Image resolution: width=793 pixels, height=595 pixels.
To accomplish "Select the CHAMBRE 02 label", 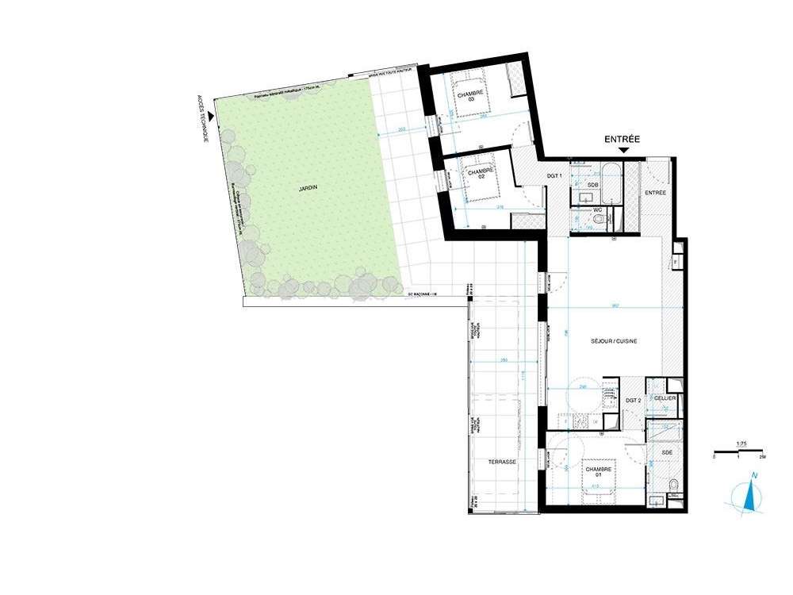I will tap(481, 173).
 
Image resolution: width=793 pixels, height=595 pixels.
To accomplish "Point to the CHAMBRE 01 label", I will tap(600, 472).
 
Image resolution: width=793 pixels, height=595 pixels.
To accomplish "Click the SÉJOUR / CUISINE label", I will tap(615, 341).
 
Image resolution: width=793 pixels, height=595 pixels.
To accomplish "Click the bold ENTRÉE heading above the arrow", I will tap(623, 139).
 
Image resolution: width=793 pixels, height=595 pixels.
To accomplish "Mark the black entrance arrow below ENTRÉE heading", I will tap(623, 151).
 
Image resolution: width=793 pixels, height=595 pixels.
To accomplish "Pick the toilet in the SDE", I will tap(672, 486).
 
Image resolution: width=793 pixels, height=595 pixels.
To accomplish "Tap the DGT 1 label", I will tap(555, 175).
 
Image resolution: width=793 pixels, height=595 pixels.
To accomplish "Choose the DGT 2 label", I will tap(633, 401).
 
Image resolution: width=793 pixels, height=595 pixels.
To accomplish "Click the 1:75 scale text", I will tap(741, 444).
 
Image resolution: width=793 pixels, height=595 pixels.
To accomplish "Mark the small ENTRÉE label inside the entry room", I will tap(655, 193).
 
